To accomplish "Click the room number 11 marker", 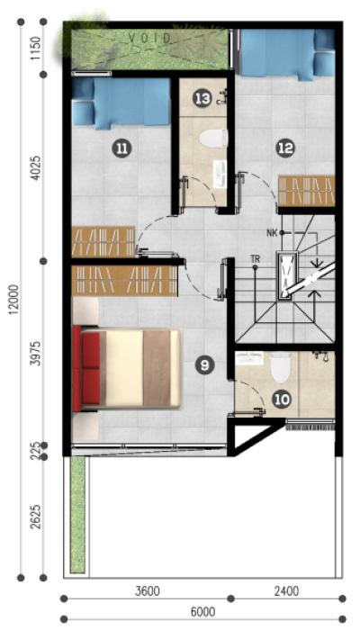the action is (x=121, y=149).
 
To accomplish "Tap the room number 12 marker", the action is (x=285, y=149).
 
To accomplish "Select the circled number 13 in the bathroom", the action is (x=202, y=99).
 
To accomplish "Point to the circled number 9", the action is (x=205, y=365).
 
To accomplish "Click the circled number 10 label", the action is (x=283, y=400).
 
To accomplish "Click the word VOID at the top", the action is (x=149, y=39).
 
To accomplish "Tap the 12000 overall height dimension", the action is (x=14, y=300).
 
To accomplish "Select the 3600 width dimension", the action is (x=147, y=591).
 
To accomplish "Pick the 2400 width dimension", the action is (x=286, y=591).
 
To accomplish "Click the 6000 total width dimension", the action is (x=202, y=612).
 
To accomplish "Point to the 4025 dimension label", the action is (x=36, y=167).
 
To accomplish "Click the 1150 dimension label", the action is (x=36, y=49).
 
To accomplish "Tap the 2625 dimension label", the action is (x=36, y=517).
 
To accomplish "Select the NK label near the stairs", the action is (x=272, y=233).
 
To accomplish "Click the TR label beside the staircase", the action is (x=255, y=259).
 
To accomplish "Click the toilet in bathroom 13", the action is (x=213, y=139).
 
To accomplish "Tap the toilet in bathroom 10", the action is (x=281, y=367).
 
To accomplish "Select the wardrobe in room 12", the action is (x=307, y=191).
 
